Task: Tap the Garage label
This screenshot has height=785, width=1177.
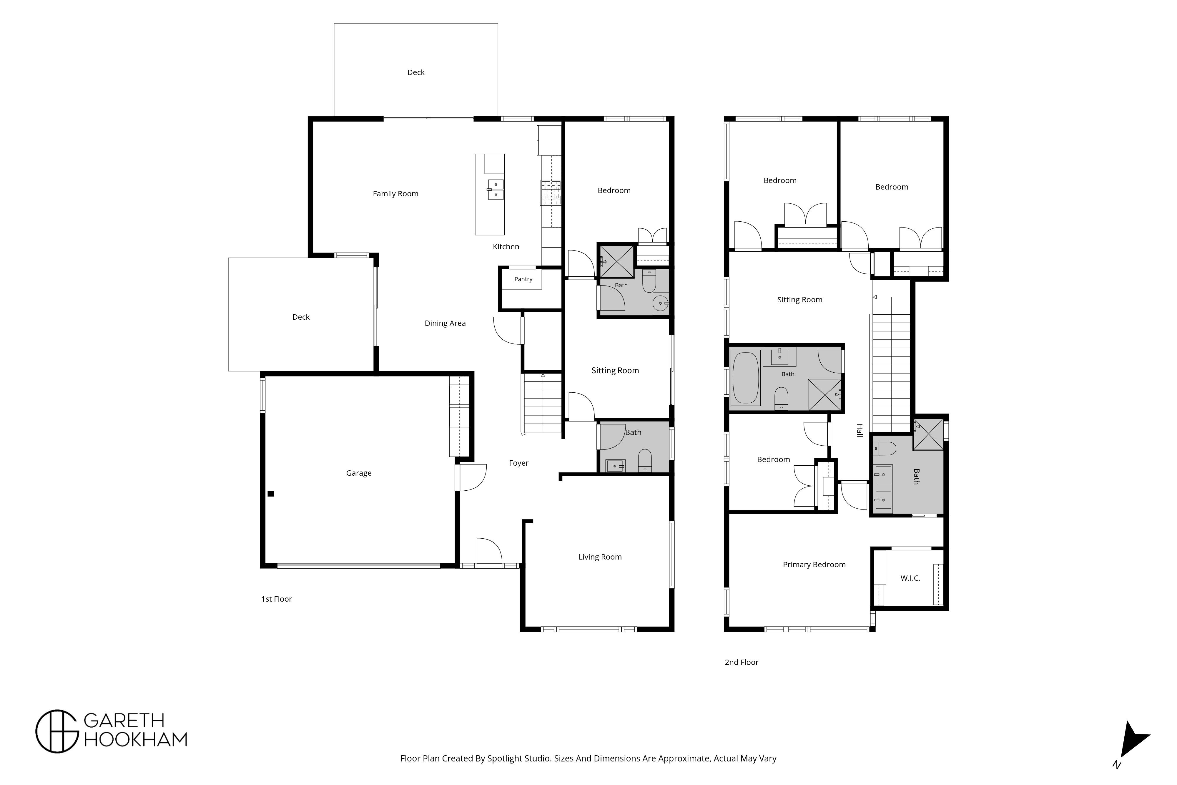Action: click(x=359, y=473)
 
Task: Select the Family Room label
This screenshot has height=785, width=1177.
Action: click(x=395, y=194)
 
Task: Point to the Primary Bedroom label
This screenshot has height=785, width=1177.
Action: click(x=814, y=565)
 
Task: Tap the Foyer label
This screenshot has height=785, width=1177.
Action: click(x=518, y=463)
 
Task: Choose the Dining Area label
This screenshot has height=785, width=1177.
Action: click(x=445, y=323)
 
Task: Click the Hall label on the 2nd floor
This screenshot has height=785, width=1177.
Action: click(x=859, y=431)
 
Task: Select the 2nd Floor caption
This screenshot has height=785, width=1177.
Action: click(x=741, y=662)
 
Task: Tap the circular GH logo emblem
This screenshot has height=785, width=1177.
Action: click(x=57, y=731)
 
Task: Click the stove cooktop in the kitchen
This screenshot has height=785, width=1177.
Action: click(x=551, y=193)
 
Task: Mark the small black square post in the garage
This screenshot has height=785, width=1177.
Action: click(x=271, y=494)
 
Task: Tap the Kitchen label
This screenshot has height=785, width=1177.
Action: click(x=506, y=247)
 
